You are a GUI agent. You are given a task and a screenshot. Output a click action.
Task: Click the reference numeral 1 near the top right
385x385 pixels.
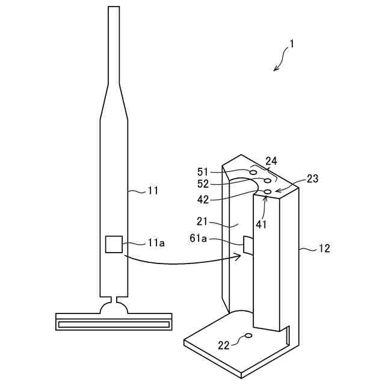[x=292, y=44]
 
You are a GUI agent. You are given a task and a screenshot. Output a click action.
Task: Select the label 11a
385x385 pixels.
[x=156, y=243]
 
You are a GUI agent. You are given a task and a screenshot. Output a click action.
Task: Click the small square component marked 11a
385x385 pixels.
[x=114, y=244]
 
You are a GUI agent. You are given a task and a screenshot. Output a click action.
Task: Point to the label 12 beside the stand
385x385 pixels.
[x=324, y=248]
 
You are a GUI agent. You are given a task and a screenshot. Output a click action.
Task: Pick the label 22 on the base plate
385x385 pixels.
[x=224, y=345]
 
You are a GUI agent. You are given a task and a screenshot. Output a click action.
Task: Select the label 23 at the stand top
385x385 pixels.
[x=312, y=178]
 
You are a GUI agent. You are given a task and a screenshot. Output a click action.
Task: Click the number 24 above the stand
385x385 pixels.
[x=271, y=161]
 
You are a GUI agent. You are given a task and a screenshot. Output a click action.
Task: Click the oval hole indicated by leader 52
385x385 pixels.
[x=267, y=181]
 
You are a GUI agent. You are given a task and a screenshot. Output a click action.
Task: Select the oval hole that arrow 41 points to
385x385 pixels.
[x=268, y=191]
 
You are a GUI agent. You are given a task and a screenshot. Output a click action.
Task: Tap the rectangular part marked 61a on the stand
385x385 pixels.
[x=248, y=245]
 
